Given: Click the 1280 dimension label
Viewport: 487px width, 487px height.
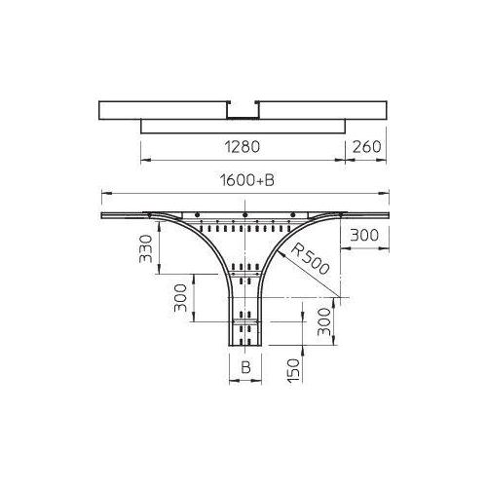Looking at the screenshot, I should tap(243, 148).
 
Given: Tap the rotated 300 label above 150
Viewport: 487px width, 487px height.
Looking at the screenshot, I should tap(322, 319).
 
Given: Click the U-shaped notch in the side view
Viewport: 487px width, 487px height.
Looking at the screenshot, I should tap(244, 110).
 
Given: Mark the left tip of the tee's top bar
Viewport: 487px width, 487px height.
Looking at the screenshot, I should tap(101, 214).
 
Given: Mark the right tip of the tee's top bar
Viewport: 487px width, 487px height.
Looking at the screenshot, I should tap(388, 214).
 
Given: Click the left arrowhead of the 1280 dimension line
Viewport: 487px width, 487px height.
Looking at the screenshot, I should tap(144, 158).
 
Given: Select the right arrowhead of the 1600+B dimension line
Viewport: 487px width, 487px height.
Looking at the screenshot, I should tap(387, 192).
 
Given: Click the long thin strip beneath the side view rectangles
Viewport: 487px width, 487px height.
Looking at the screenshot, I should tap(243, 127).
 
